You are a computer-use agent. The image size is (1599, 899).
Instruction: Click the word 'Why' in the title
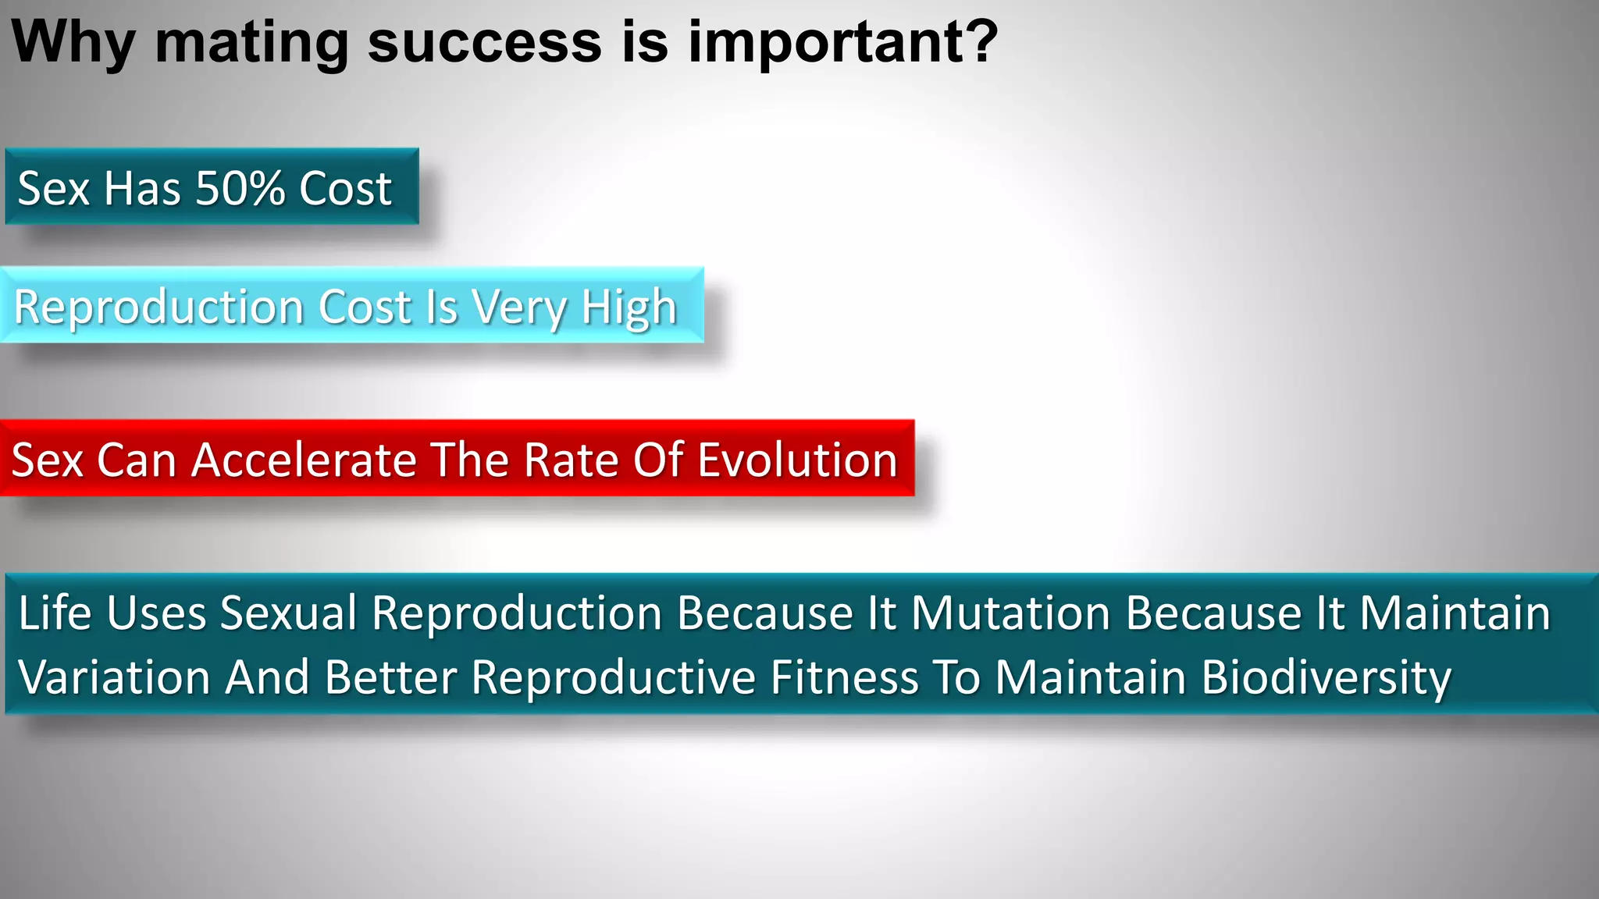coord(73,42)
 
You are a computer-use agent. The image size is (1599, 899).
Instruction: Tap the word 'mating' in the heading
coord(251,42)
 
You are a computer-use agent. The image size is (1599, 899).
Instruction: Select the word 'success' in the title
coord(484,42)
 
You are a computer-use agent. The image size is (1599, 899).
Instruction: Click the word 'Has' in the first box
coord(143,188)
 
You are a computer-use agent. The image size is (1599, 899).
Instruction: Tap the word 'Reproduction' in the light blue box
coord(158,307)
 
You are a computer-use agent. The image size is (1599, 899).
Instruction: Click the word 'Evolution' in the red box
coord(797,460)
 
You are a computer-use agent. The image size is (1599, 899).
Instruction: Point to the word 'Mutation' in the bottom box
coord(1011,613)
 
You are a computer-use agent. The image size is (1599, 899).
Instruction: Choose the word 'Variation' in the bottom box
coord(114,677)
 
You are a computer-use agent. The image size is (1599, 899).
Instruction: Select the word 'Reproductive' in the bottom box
coord(614,678)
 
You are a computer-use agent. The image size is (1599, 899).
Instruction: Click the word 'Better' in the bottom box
coord(390,677)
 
